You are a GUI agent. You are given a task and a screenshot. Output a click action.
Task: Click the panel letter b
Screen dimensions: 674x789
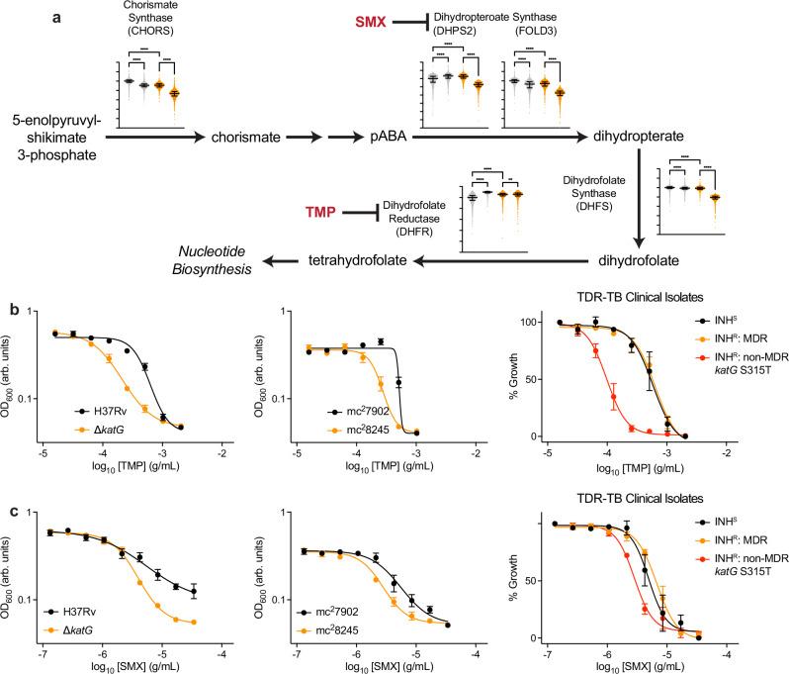coord(9,311)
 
